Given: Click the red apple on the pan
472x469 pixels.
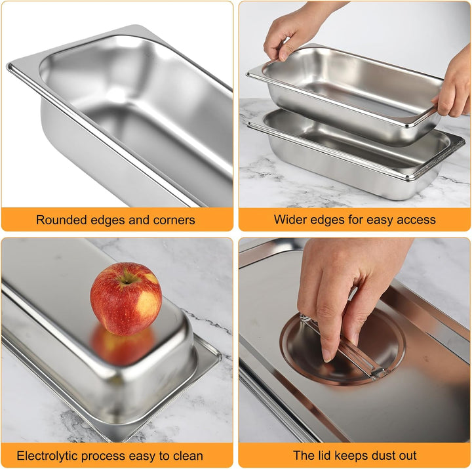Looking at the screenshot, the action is click(x=126, y=299).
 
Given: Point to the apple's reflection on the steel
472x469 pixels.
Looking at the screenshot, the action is click(x=123, y=345).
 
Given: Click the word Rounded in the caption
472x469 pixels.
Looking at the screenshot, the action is click(x=62, y=220).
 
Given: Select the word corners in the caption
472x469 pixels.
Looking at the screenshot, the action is click(x=174, y=220).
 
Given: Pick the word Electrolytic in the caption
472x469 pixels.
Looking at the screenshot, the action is click(x=48, y=456).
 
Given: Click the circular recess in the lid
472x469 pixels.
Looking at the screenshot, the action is click(x=343, y=347).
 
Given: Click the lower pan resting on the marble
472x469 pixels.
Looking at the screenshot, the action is click(x=355, y=157).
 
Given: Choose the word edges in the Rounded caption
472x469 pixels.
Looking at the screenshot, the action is click(x=108, y=220).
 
